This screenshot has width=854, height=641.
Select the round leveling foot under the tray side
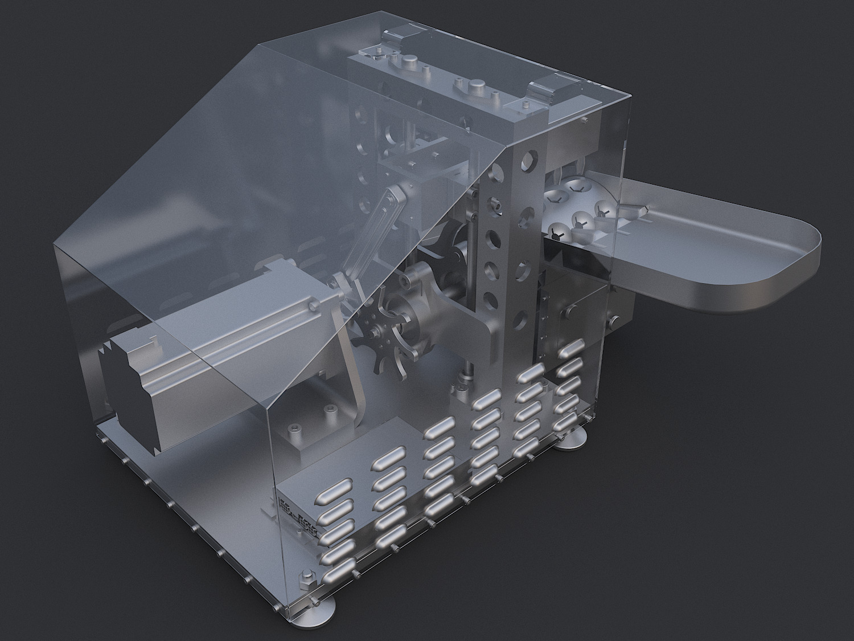pyautogui.click(x=571, y=439)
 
